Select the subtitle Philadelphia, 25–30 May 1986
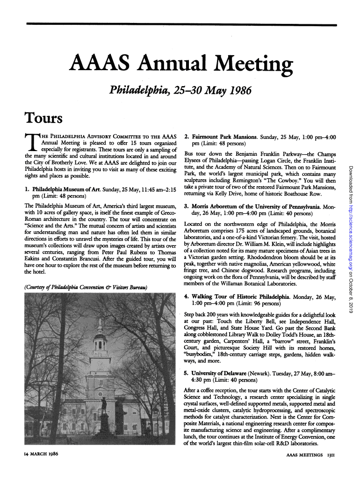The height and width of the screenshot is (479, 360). point(180,90)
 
